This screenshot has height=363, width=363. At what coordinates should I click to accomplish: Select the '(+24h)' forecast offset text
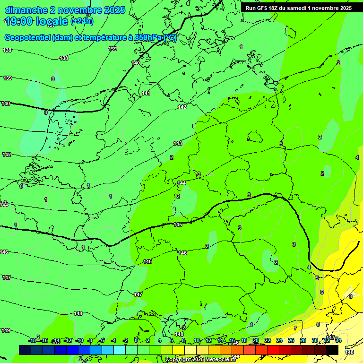(x=82, y=21)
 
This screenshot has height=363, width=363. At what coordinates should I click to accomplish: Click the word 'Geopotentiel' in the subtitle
(x=27, y=38)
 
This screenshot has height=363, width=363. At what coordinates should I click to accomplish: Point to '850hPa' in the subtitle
(x=147, y=38)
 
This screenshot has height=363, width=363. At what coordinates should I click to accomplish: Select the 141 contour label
(x=147, y=93)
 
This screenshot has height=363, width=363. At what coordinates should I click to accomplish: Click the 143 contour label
(x=178, y=143)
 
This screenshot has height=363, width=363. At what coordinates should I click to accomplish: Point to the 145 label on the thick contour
(x=178, y=225)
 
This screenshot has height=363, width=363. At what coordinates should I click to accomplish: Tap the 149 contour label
(x=6, y=330)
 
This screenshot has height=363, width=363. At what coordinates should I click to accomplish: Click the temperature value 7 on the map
(x=295, y=328)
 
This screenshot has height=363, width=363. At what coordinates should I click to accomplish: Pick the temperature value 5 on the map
(x=318, y=278)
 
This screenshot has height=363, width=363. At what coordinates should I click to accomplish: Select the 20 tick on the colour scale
(x=255, y=341)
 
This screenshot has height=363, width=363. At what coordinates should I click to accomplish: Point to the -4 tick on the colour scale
(x=114, y=341)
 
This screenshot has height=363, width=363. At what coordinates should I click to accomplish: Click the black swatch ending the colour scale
(x=332, y=350)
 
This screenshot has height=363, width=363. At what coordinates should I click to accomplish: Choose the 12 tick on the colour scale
(x=208, y=341)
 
